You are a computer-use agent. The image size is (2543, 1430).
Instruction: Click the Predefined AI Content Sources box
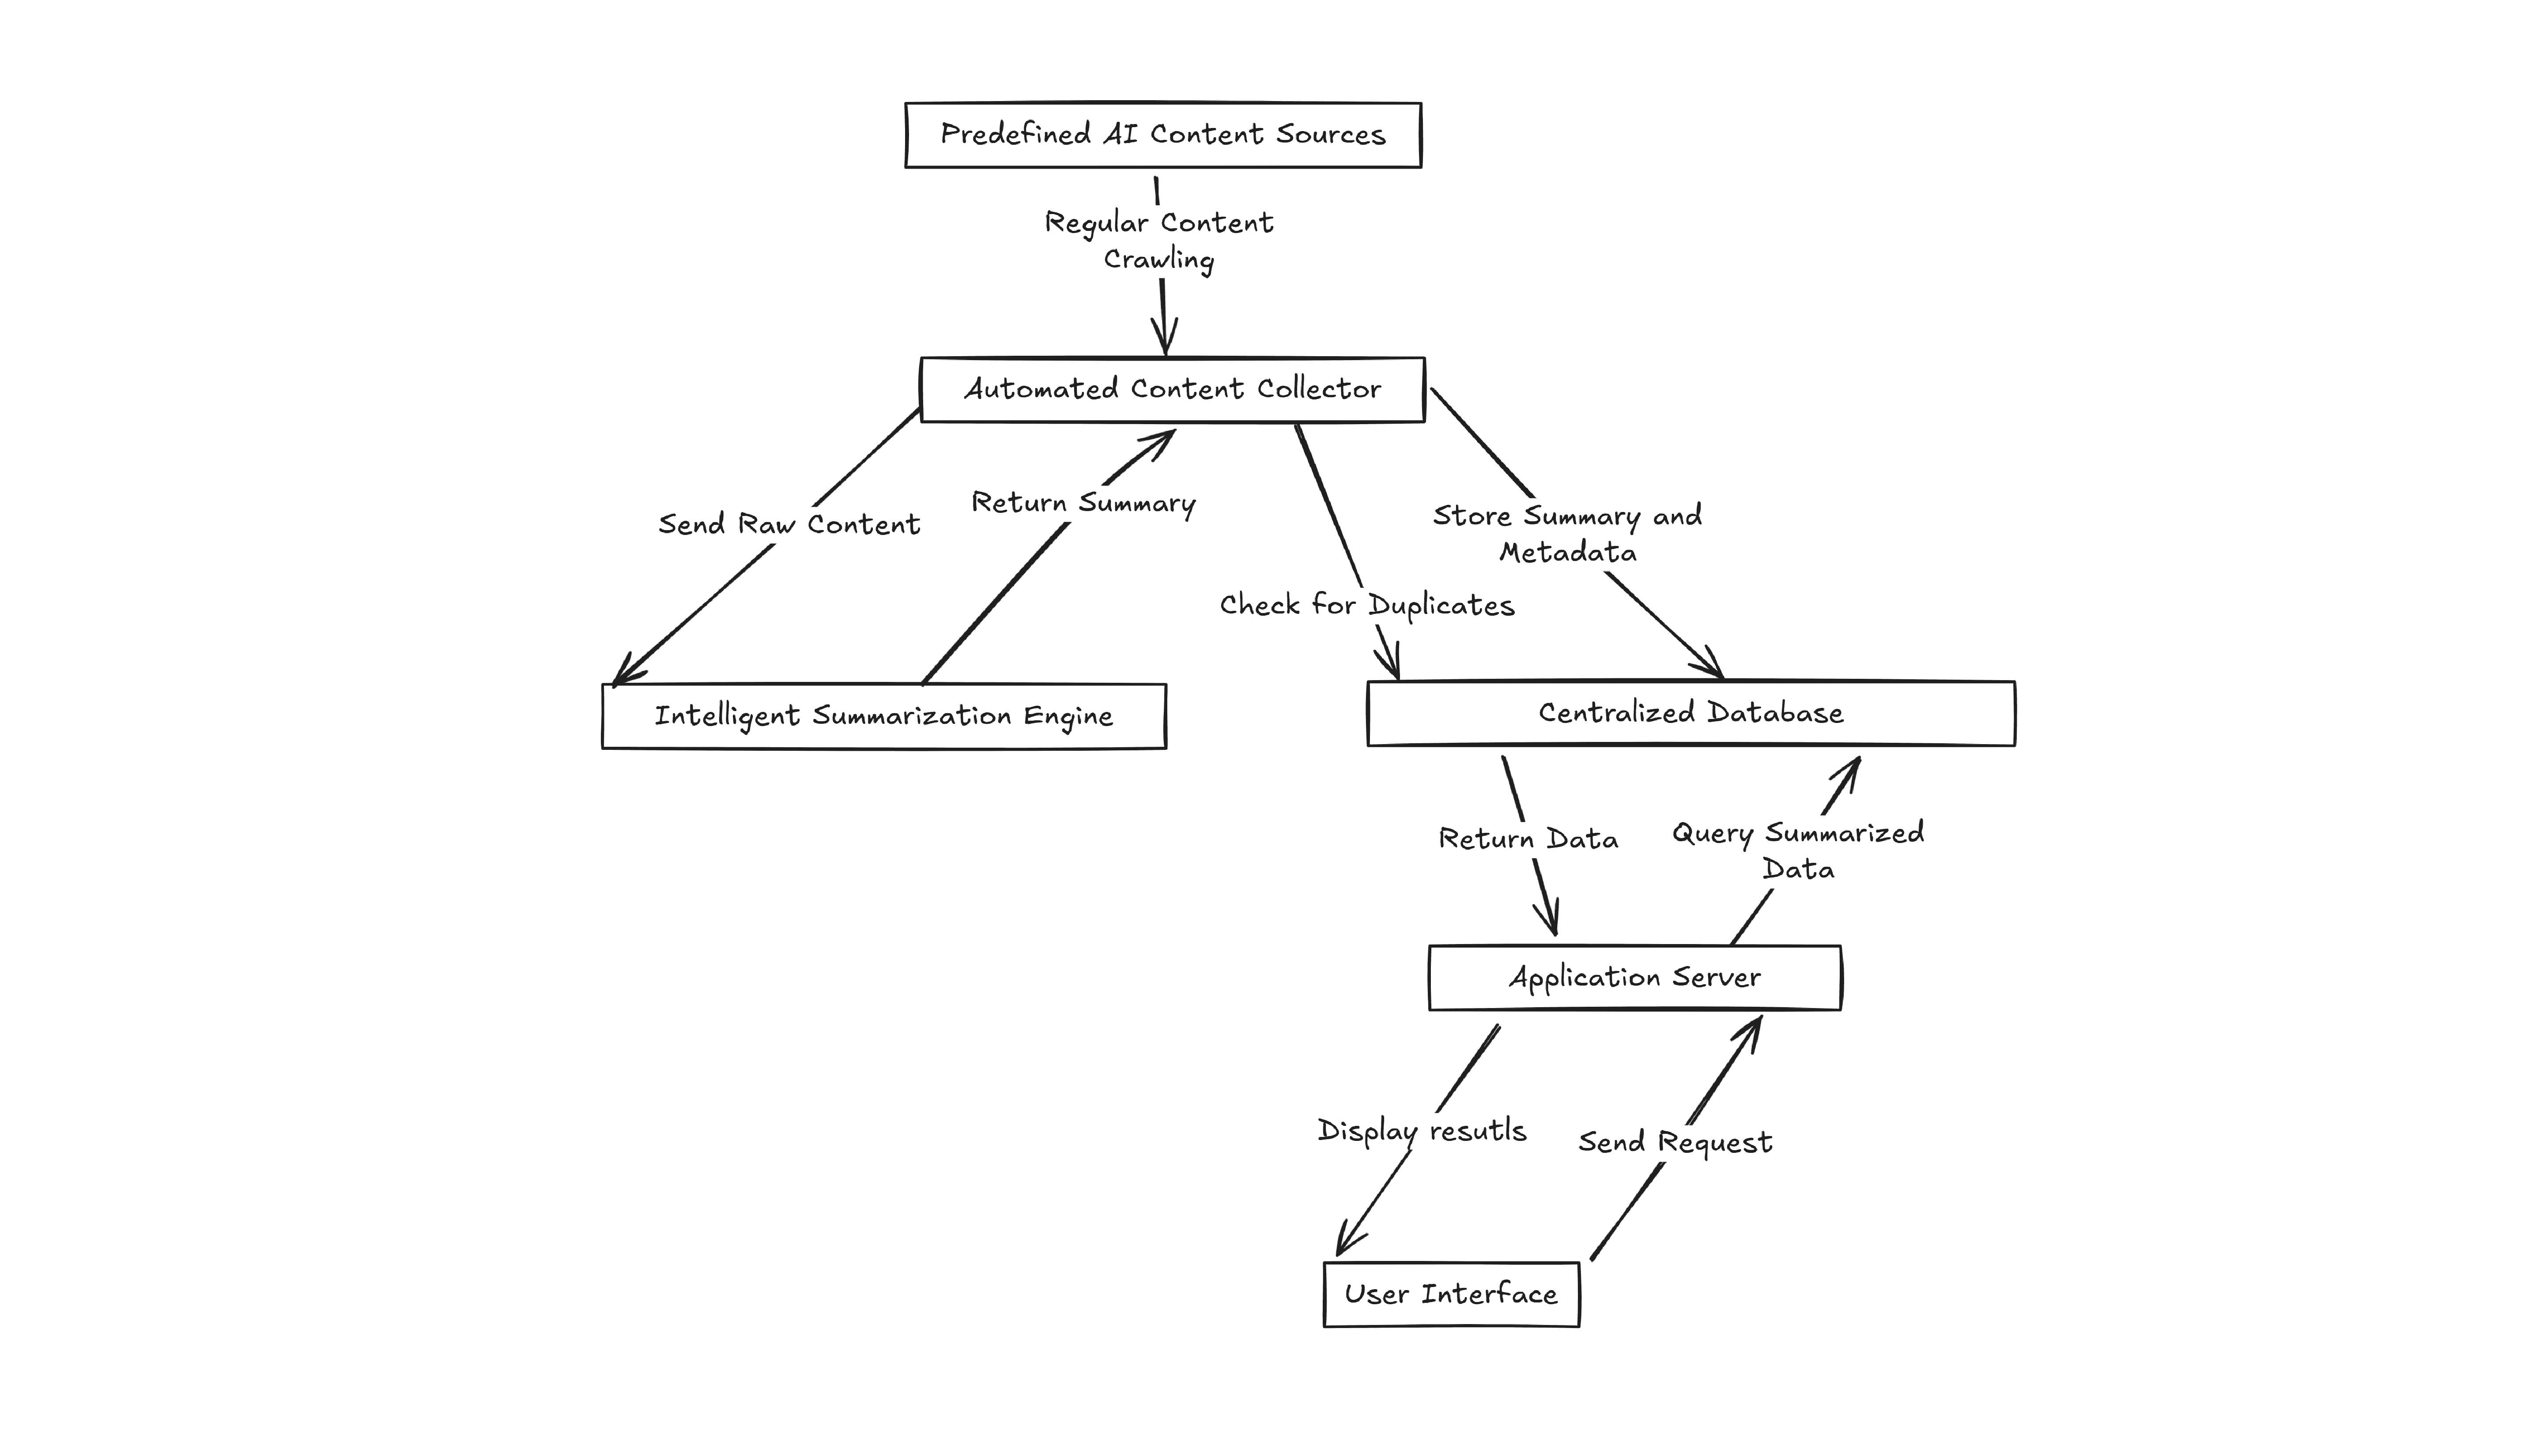click(1163, 135)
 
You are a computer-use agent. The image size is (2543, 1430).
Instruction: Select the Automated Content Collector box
click(1173, 390)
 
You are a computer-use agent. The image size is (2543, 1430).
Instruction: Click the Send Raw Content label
click(789, 524)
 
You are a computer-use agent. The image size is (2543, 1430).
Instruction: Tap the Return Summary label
click(1083, 503)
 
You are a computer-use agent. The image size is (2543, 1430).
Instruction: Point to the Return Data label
click(1528, 839)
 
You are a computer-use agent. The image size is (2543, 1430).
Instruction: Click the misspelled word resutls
click(1478, 1131)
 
